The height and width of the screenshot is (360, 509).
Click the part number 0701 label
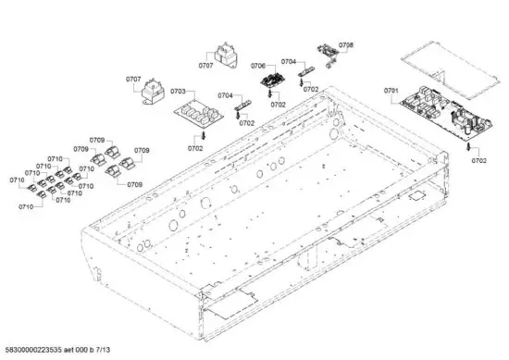[x=390, y=90]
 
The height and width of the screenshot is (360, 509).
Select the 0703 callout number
[x=178, y=92]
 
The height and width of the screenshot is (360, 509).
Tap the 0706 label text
[x=258, y=66]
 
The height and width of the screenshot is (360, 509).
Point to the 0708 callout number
[x=346, y=44]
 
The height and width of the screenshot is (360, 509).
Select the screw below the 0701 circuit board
[x=469, y=146]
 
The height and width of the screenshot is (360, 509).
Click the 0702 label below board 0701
[x=478, y=161]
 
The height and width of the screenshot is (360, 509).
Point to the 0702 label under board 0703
[x=195, y=147]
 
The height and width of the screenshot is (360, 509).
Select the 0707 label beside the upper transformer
[x=205, y=66]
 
